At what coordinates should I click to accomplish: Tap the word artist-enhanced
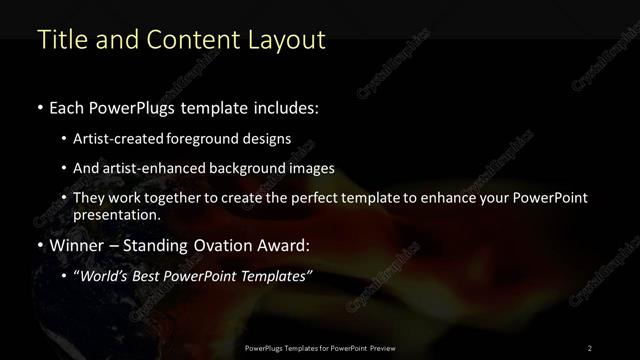coord(154,168)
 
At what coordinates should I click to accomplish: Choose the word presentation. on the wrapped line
coord(117,214)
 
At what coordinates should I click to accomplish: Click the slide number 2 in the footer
coord(589,347)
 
